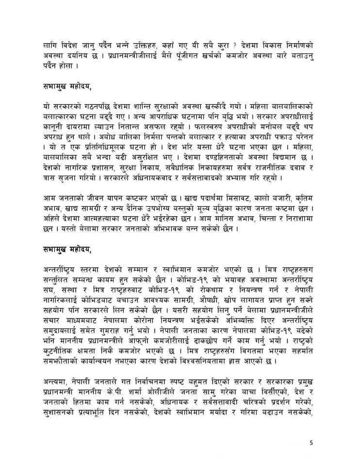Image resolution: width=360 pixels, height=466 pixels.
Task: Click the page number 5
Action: [311, 442]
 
